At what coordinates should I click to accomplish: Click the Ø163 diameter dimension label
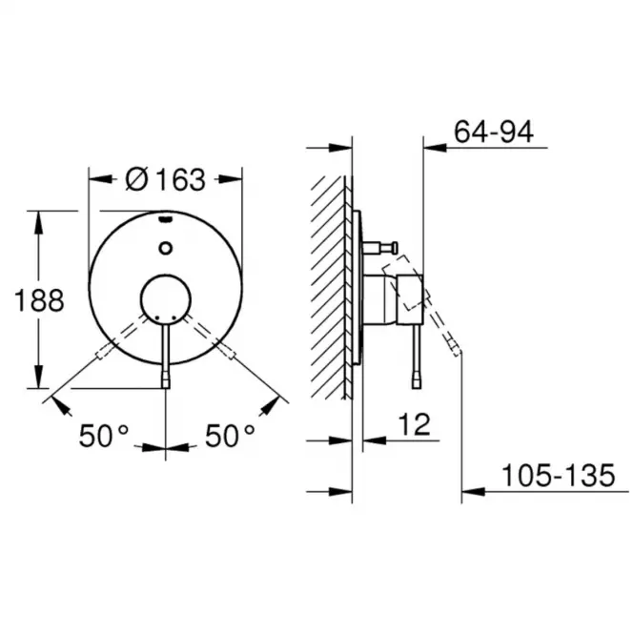click(x=165, y=179)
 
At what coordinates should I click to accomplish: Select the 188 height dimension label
click(x=39, y=300)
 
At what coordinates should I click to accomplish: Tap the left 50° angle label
click(x=104, y=436)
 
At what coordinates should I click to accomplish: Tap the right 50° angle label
click(x=230, y=436)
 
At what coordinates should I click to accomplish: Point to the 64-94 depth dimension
click(x=494, y=132)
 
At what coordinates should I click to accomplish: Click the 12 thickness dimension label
click(x=415, y=424)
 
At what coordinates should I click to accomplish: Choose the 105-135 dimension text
click(x=559, y=475)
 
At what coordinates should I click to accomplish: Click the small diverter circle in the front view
click(x=166, y=248)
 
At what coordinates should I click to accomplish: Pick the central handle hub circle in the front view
click(x=166, y=299)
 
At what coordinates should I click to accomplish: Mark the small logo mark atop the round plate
click(x=166, y=219)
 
